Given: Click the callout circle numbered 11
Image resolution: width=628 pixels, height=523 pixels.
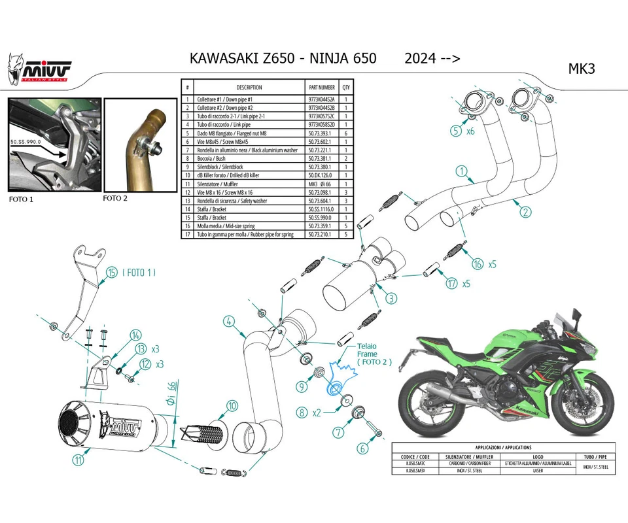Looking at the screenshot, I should pos(78,460).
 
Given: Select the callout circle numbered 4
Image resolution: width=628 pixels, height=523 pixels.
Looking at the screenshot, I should pos(229,321).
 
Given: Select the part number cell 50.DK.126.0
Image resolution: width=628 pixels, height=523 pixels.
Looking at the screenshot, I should pos(321,176).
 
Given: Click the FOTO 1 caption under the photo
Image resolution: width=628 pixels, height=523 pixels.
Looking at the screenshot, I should pos(22,199).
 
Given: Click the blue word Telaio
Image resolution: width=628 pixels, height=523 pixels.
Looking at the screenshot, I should pos(367,346).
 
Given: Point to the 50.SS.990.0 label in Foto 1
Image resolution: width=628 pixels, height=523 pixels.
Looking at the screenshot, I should pos(27,141).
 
